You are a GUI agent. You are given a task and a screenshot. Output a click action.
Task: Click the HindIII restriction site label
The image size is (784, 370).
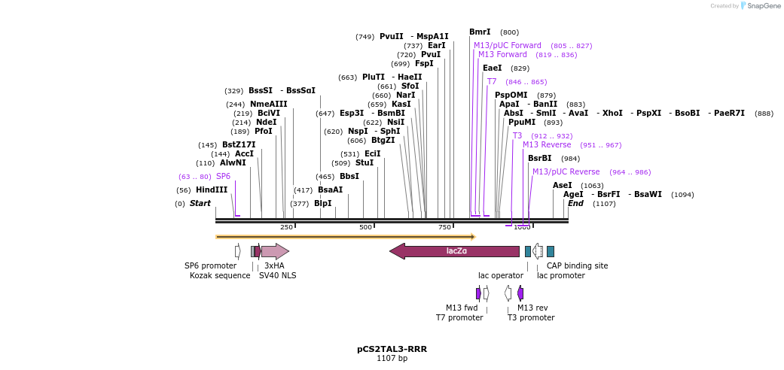pyautogui.click(x=211, y=190)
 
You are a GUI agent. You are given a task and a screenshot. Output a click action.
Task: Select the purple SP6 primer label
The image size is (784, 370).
pyautogui.click(x=223, y=177)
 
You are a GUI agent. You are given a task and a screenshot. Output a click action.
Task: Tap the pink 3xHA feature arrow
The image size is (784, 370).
pyautogui.click(x=275, y=251)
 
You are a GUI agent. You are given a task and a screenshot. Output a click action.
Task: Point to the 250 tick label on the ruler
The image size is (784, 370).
pyautogui.click(x=286, y=227)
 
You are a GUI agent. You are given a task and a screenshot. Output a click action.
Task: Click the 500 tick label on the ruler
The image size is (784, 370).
pyautogui.click(x=365, y=227)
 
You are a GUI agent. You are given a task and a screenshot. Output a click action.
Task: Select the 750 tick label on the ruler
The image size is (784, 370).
pyautogui.click(x=444, y=227)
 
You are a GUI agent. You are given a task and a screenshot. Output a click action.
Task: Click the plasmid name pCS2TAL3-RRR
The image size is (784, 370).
pyautogui.click(x=392, y=350)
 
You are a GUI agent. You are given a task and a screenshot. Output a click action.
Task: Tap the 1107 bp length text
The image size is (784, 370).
pyautogui.click(x=392, y=359)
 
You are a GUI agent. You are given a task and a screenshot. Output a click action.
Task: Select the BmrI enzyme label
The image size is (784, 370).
pyautogui.click(x=480, y=32)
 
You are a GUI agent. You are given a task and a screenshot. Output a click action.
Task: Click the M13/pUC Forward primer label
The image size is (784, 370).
pyautogui.click(x=507, y=46)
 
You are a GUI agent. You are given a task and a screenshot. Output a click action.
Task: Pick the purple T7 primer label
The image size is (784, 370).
pyautogui.click(x=492, y=82)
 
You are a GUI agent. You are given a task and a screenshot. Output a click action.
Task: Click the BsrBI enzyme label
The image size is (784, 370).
pyautogui.click(x=539, y=159)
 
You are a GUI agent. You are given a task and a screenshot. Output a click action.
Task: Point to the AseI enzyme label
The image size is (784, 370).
pyautogui.click(x=562, y=185)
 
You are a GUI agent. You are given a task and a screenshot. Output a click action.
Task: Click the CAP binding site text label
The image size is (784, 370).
pyautogui.click(x=577, y=265)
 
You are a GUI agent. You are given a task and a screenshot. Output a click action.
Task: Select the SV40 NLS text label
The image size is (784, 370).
pyautogui.click(x=277, y=275)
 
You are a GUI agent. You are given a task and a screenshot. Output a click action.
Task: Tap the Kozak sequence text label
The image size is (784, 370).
pyautogui.click(x=220, y=275)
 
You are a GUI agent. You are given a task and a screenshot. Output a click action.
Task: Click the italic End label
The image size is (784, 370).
pyautogui.click(x=575, y=204)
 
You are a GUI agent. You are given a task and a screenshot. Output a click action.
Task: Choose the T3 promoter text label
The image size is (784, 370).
pyautogui.click(x=530, y=317)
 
